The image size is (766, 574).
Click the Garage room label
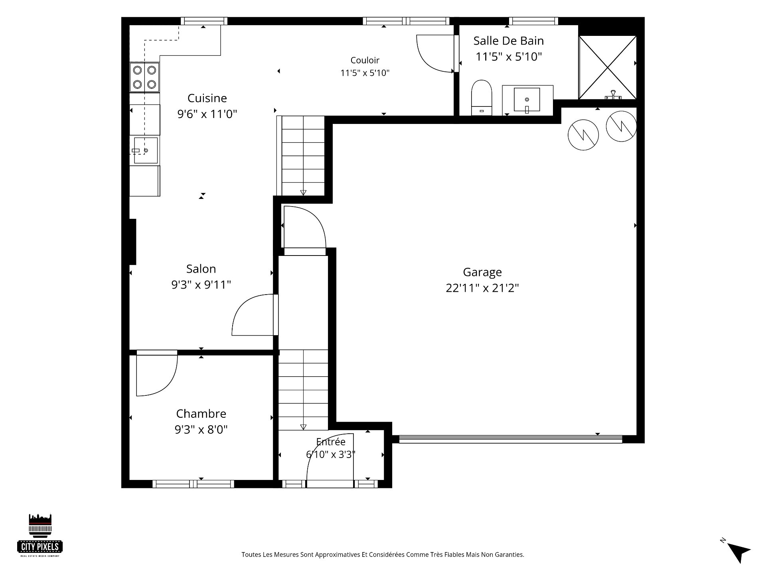click(x=482, y=272)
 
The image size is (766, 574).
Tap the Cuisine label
click(x=207, y=98)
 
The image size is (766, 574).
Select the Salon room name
click(x=201, y=269)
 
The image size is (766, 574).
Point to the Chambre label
click(x=201, y=414)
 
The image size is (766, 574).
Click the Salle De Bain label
click(x=509, y=41)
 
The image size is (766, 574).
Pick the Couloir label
click(x=365, y=60)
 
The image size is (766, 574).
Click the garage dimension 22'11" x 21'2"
click(x=482, y=288)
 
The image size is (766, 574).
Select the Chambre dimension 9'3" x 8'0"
click(x=201, y=430)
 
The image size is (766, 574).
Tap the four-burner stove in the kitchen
click(x=144, y=77)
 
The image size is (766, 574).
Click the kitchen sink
click(x=145, y=150)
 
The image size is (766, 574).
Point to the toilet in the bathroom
click(x=482, y=98)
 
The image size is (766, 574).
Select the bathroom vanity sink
click(x=527, y=100)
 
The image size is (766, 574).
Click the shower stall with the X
click(x=607, y=67)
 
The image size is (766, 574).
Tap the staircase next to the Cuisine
click(x=303, y=156)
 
